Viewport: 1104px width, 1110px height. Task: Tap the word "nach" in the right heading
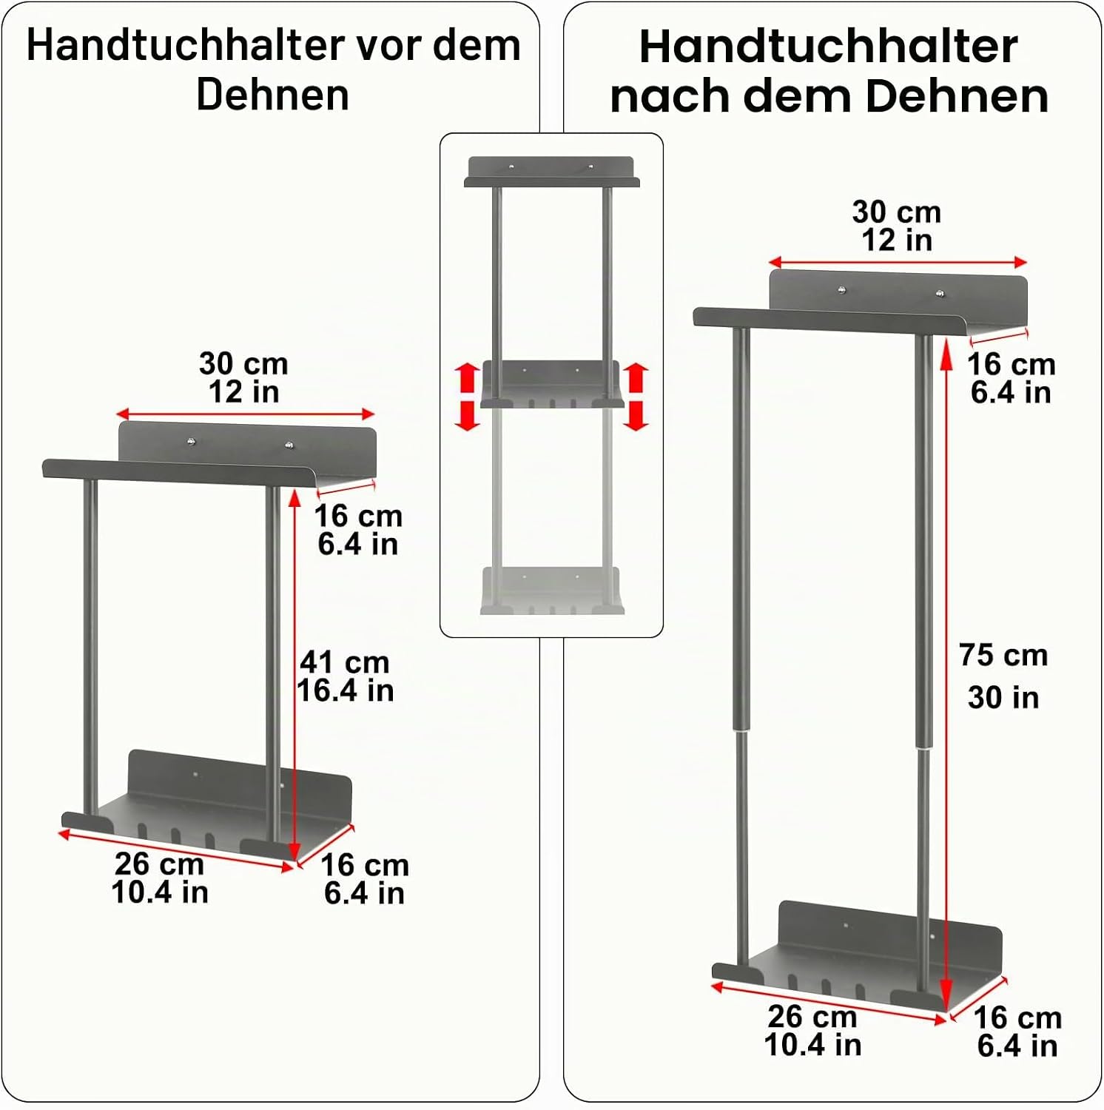coord(671,97)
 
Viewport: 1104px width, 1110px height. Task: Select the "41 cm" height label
coord(345,662)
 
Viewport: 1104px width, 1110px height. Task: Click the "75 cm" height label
coord(1003,655)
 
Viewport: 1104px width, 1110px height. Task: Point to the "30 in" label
coord(1003,697)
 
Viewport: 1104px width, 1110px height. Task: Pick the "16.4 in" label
coord(345,690)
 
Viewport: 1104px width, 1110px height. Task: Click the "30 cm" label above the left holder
coord(243,363)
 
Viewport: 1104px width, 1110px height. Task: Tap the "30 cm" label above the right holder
coord(897,212)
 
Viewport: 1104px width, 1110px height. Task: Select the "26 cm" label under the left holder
coord(159,864)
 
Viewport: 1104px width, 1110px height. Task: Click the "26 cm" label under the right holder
coord(812,1016)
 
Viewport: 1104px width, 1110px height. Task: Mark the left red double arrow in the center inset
coord(467,397)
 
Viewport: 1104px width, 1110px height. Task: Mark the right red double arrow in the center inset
coord(636,397)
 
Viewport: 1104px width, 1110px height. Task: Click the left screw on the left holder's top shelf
coord(192,442)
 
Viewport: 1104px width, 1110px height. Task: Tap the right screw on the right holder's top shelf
coord(940,294)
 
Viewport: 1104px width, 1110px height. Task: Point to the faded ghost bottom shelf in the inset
coord(552,591)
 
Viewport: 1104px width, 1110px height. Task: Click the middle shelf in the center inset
coord(552,385)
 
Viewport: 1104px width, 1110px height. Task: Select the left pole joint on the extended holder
coord(741,731)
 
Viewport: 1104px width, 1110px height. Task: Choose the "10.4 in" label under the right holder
coord(812,1045)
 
